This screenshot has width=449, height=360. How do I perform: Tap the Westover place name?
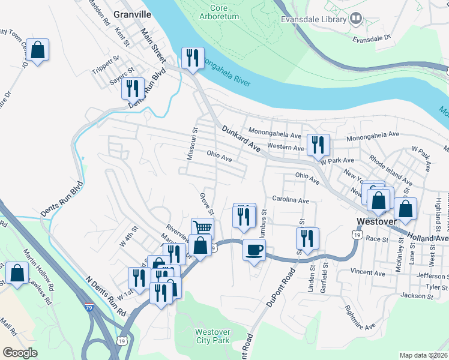point(376,221)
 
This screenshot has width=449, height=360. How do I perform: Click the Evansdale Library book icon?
point(356,19)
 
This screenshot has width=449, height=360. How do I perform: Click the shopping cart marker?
point(203,228)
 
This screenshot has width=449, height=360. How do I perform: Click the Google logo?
point(20,352)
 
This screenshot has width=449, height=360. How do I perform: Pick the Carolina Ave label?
point(291,199)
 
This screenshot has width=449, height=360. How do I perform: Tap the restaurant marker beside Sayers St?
point(132,88)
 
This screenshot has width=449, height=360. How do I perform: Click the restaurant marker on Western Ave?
point(318,144)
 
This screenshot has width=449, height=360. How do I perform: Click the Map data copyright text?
point(423,355)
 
